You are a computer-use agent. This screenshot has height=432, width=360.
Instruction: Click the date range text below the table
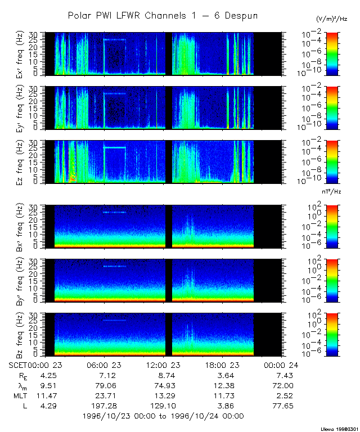[x=163, y=416]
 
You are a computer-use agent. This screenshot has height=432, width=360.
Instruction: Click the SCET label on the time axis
[x=19, y=365]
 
